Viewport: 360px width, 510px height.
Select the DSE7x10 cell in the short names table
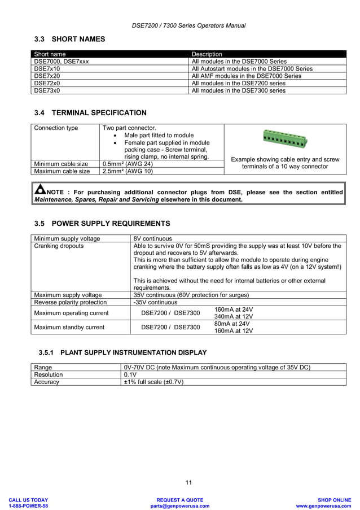pyautogui.click(x=47, y=68)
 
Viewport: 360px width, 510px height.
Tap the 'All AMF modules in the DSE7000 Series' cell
pyautogui.click(x=247, y=76)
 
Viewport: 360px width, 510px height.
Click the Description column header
pyautogui.click(x=207, y=54)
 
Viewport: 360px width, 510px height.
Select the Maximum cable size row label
pyautogui.click(x=62, y=171)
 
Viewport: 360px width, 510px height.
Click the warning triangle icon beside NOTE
pyautogui.click(x=39, y=190)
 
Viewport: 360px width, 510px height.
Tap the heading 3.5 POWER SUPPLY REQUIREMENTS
pyautogui.click(x=102, y=224)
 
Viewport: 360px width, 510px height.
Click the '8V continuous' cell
pyautogui.click(x=152, y=238)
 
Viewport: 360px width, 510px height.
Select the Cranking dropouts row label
pyautogui.click(x=59, y=246)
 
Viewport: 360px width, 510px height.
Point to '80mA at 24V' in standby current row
pyautogui.click(x=232, y=324)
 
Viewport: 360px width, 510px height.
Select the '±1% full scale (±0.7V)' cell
pyautogui.click(x=153, y=382)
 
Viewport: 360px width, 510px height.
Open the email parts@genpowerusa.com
pyautogui.click(x=179, y=506)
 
